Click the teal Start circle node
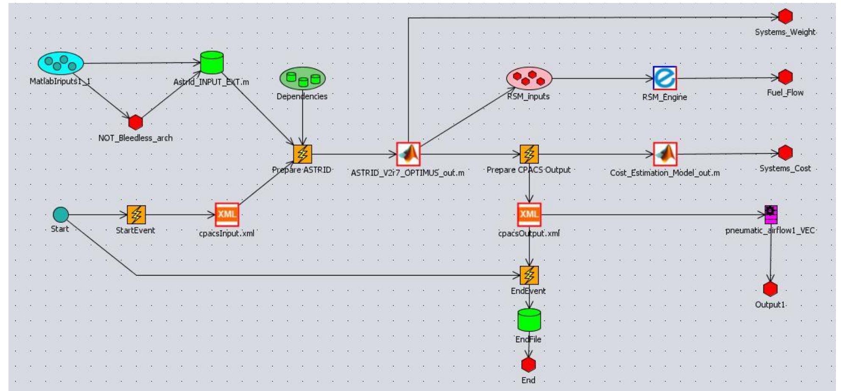tap(61, 214)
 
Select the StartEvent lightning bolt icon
tap(136, 215)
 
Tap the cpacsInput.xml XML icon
tap(227, 214)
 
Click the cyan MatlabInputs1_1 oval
tap(61, 63)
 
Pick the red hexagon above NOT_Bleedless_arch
tap(135, 122)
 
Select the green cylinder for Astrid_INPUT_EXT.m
tap(212, 63)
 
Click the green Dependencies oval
tap(302, 79)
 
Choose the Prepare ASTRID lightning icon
tap(302, 154)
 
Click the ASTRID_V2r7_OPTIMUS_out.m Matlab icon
tap(408, 154)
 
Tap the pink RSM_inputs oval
tap(529, 78)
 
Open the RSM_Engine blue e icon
tap(665, 78)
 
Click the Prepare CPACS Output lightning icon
tap(529, 154)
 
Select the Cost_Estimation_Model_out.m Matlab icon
tap(665, 154)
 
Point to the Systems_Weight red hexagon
tap(785, 17)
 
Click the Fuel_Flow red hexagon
tap(785, 77)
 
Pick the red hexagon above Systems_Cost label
tap(785, 153)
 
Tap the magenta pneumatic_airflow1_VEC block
tap(771, 215)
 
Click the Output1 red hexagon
tap(770, 289)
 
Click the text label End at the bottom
tap(528, 380)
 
